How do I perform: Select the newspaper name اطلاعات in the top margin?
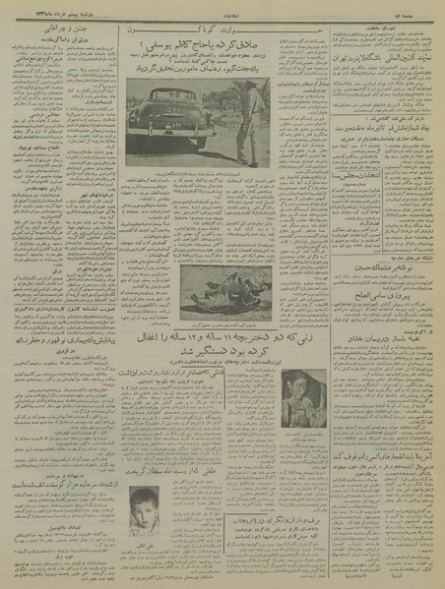223,15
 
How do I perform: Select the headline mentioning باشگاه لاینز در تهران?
379,58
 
